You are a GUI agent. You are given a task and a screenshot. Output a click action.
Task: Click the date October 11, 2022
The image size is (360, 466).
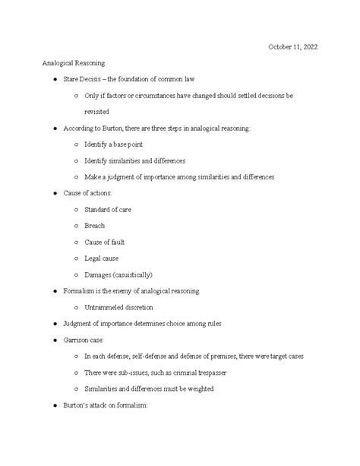tap(293, 47)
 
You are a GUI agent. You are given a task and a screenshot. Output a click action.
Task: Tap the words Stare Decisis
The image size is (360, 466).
tap(84, 80)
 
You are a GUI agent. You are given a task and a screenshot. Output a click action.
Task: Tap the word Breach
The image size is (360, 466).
tap(95, 226)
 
